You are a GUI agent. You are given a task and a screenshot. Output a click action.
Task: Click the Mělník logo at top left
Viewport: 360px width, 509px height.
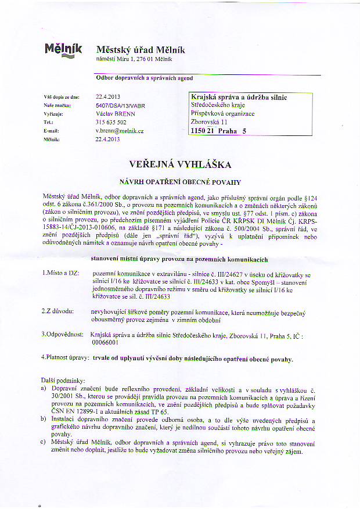(63, 50)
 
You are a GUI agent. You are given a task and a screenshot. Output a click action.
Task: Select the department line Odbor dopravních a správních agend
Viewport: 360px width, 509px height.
(143, 77)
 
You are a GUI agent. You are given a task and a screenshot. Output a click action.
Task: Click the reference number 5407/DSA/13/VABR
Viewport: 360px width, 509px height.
(122, 106)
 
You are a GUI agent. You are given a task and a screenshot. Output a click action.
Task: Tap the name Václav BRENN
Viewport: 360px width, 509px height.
(115, 114)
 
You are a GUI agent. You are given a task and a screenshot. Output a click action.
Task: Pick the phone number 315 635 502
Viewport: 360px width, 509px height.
(111, 123)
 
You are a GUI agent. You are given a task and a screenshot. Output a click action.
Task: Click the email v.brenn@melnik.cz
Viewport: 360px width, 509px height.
(119, 131)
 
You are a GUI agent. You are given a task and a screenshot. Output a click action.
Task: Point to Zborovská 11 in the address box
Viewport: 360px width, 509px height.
(210, 122)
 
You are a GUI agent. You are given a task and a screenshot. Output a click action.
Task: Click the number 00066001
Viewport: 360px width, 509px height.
(105, 343)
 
